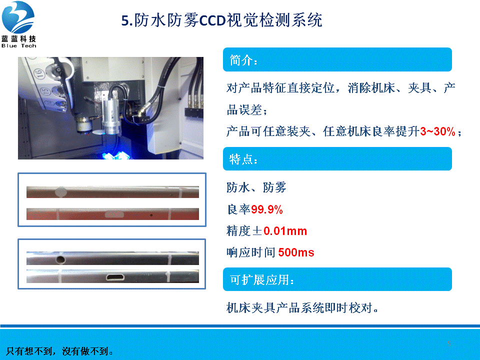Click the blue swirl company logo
pyautogui.click(x=18, y=17)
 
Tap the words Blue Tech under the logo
pyautogui.click(x=18, y=45)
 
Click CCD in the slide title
pyautogui.click(x=212, y=20)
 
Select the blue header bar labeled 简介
pyautogui.click(x=337, y=59)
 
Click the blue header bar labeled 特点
pyautogui.click(x=337, y=158)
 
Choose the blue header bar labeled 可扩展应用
pyautogui.click(x=337, y=279)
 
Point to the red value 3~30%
pyautogui.click(x=437, y=131)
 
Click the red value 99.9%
pyautogui.click(x=266, y=209)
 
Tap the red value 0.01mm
pyautogui.click(x=285, y=231)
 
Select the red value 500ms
pyautogui.click(x=296, y=252)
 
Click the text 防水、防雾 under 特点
pyautogui.click(x=256, y=187)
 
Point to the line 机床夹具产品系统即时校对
pyautogui.click(x=302, y=307)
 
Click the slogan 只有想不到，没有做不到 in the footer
pyautogui.click(x=59, y=351)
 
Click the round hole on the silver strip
pyautogui.click(x=60, y=259)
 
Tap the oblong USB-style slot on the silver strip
pyautogui.click(x=115, y=277)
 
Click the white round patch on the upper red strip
pyautogui.click(x=60, y=192)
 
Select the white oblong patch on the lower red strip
pyautogui.click(x=114, y=214)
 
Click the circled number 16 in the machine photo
pyautogui.click(x=39, y=73)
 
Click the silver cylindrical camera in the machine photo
pyautogui.click(x=111, y=111)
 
